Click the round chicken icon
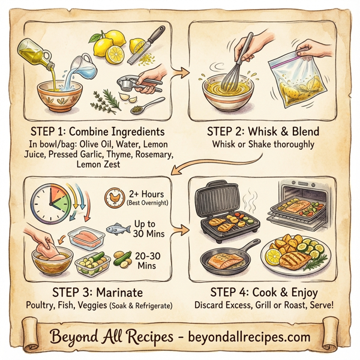[x=112, y=197]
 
